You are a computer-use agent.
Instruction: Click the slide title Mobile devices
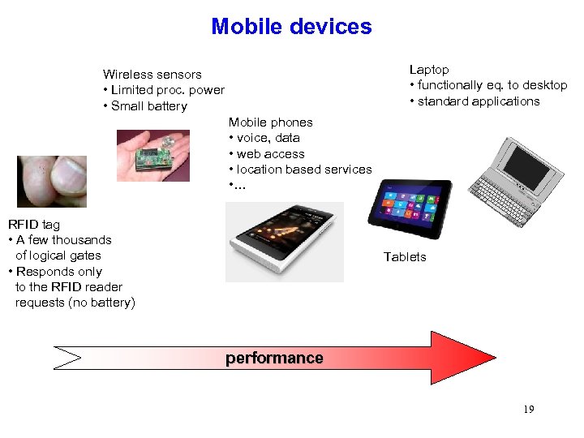coord(291,26)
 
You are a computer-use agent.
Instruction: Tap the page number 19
coord(528,410)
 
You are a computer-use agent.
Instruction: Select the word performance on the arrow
coord(274,358)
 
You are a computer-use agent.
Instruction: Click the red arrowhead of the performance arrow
coord(462,357)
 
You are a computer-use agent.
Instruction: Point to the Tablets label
coord(405,257)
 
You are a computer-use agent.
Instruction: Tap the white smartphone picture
coord(284,242)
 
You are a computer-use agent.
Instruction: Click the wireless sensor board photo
coord(152,155)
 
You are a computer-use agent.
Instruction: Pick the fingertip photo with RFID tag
coord(52,182)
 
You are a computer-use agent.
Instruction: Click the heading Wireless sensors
coord(152,75)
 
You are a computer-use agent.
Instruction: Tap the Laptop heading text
coord(429,70)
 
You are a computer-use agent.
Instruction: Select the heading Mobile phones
coord(270,122)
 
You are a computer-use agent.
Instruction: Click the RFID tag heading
coord(33,224)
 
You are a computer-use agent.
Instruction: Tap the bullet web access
coord(267,154)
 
